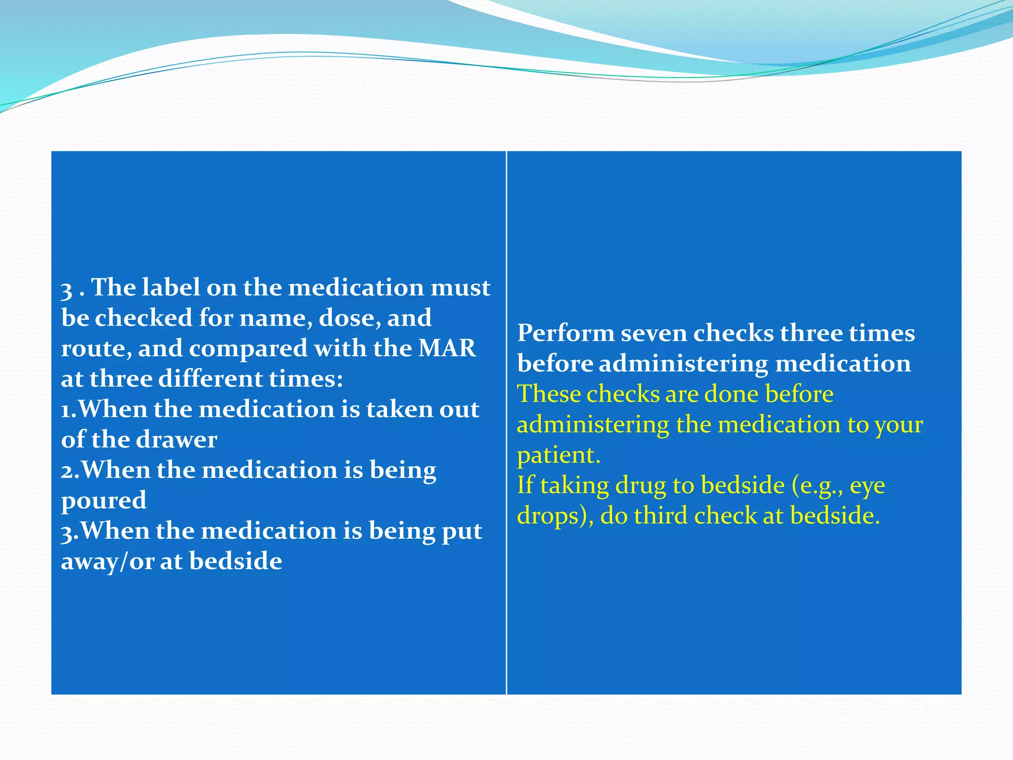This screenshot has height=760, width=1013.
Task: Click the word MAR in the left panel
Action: point(447,348)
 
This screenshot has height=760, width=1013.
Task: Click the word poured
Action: point(104,501)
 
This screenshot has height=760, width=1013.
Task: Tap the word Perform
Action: point(565,333)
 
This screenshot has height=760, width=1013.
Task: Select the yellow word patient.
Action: point(558,455)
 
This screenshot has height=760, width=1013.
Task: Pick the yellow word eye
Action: point(867,486)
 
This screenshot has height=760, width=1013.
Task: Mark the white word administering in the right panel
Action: point(683,364)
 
